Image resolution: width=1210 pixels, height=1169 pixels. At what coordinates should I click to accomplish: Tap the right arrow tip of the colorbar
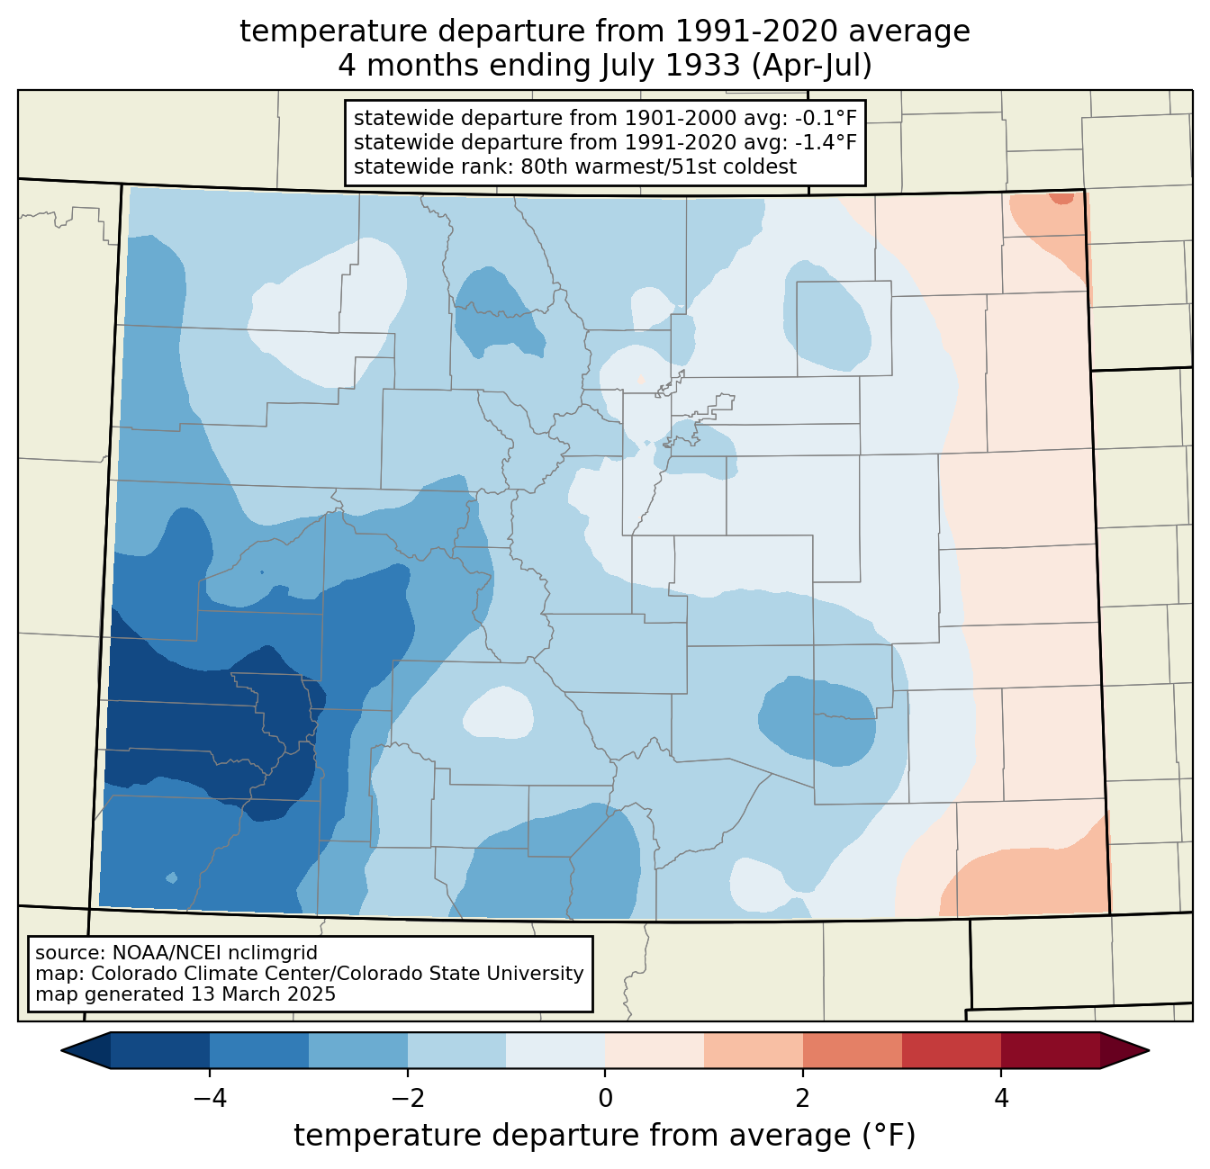(1146, 1050)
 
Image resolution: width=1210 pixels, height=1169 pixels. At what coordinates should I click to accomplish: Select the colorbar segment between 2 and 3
(852, 1050)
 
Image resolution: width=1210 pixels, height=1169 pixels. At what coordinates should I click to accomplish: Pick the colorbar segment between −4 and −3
(259, 1050)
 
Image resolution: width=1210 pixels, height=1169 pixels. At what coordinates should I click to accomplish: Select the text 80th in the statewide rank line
(543, 166)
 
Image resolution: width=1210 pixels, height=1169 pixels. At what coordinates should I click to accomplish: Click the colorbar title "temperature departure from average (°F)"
(605, 1137)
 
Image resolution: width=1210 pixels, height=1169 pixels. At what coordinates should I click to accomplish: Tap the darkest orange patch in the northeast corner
(1062, 199)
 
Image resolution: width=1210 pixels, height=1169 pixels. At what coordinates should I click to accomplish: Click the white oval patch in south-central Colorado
(497, 713)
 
